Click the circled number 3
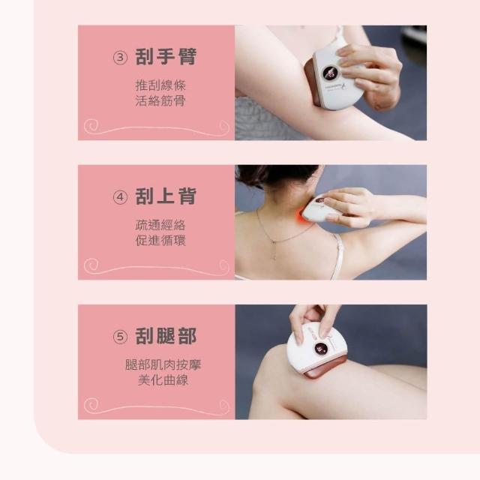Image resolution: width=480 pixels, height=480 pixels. (120, 58)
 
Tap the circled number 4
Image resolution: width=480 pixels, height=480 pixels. (120, 197)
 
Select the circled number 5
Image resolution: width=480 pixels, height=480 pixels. (120, 337)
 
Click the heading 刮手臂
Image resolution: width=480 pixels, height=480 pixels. (166, 57)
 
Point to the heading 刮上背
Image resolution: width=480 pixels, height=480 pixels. (166, 196)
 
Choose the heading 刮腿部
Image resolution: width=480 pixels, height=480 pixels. (166, 336)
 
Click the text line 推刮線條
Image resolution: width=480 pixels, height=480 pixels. (160, 85)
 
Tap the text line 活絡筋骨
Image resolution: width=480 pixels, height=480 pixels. (160, 100)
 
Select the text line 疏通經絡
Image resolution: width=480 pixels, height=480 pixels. (160, 225)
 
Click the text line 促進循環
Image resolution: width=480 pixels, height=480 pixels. (160, 241)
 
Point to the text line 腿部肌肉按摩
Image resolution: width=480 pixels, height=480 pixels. (163, 364)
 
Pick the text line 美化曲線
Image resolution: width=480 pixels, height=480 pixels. (163, 380)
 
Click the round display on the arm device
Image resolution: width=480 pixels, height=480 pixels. (330, 73)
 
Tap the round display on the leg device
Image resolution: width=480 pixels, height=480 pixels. (320, 349)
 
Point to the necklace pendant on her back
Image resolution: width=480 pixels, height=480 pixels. (274, 252)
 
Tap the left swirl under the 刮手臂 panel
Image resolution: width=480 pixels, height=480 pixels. (91, 126)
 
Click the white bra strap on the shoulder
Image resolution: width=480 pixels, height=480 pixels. (337, 257)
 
